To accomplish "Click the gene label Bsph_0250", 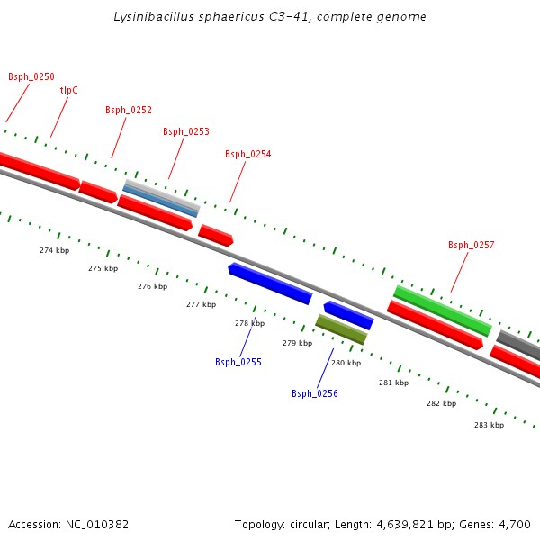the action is (31, 77).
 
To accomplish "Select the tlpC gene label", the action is (69, 90).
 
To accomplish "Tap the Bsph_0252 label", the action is (129, 111).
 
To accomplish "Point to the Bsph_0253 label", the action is (186, 132).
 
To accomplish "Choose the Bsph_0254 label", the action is (248, 155).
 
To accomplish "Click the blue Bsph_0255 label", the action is (238, 363).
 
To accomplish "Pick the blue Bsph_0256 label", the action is (315, 394).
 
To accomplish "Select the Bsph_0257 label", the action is (472, 246).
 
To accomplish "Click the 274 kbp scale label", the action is (55, 250).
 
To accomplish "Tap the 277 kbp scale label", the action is (201, 305).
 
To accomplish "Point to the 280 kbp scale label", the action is (346, 364).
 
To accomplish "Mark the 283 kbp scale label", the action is (489, 425).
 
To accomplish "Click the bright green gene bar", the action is (442, 310).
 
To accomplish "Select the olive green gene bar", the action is (341, 329).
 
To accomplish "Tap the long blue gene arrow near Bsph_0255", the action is (270, 283).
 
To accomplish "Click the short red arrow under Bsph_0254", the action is (216, 236).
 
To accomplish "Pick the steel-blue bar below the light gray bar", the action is (161, 201).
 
